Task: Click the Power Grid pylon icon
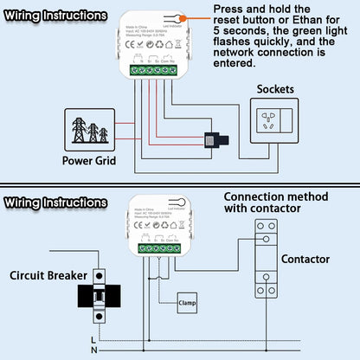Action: pyautogui.click(x=91, y=129)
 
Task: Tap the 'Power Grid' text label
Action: pyautogui.click(x=91, y=160)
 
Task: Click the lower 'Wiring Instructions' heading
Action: pyautogui.click(x=55, y=202)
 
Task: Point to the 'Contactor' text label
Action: pyautogui.click(x=305, y=259)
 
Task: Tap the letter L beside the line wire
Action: pyautogui.click(x=93, y=339)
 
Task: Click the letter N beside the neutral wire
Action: pyautogui.click(x=93, y=350)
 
